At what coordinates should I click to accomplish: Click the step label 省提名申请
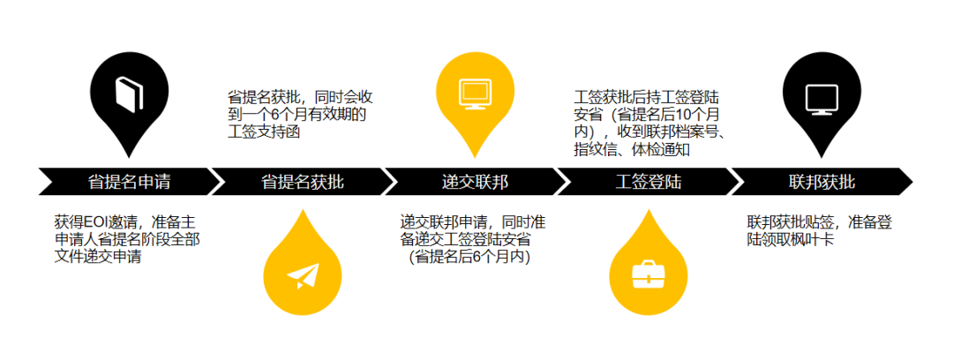click(129, 183)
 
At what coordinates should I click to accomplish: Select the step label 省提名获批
click(303, 183)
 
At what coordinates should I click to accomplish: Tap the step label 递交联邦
click(476, 183)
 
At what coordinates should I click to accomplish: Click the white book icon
click(129, 92)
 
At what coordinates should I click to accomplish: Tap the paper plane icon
click(302, 275)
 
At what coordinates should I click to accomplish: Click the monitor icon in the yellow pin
click(475, 92)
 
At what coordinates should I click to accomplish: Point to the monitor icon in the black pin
click(822, 92)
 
